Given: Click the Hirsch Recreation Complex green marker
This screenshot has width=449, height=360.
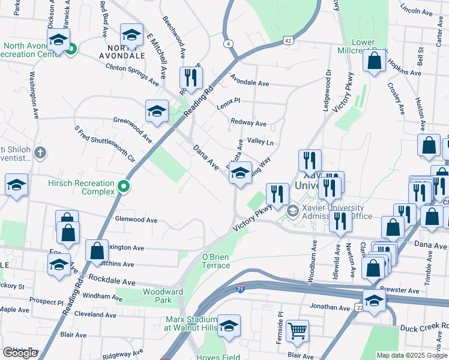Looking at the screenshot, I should [124, 187].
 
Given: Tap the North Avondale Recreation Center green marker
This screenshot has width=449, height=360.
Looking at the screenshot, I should [70, 49].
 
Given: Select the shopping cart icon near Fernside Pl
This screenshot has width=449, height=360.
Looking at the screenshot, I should [297, 331].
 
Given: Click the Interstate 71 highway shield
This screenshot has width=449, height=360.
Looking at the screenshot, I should [241, 289].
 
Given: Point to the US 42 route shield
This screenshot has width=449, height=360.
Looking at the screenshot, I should [288, 40].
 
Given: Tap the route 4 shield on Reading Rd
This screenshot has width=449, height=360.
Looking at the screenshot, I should [229, 43].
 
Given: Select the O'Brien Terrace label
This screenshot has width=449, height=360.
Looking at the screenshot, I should [215, 261].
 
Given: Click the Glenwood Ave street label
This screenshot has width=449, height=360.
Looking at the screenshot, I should [136, 220].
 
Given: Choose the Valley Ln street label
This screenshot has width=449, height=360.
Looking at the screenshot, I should [261, 142].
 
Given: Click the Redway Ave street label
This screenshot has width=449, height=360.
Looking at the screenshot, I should [248, 123].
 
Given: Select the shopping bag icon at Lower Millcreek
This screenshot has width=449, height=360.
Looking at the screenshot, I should [374, 61].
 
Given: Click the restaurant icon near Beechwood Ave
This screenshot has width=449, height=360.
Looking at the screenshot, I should [191, 77].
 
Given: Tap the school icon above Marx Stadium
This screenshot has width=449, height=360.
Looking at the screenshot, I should [229, 326].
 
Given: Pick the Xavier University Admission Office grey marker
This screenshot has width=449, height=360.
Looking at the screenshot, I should [292, 210].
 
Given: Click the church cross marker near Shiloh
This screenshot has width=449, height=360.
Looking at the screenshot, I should [40, 152].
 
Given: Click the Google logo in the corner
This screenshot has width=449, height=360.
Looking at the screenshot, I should [20, 353].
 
